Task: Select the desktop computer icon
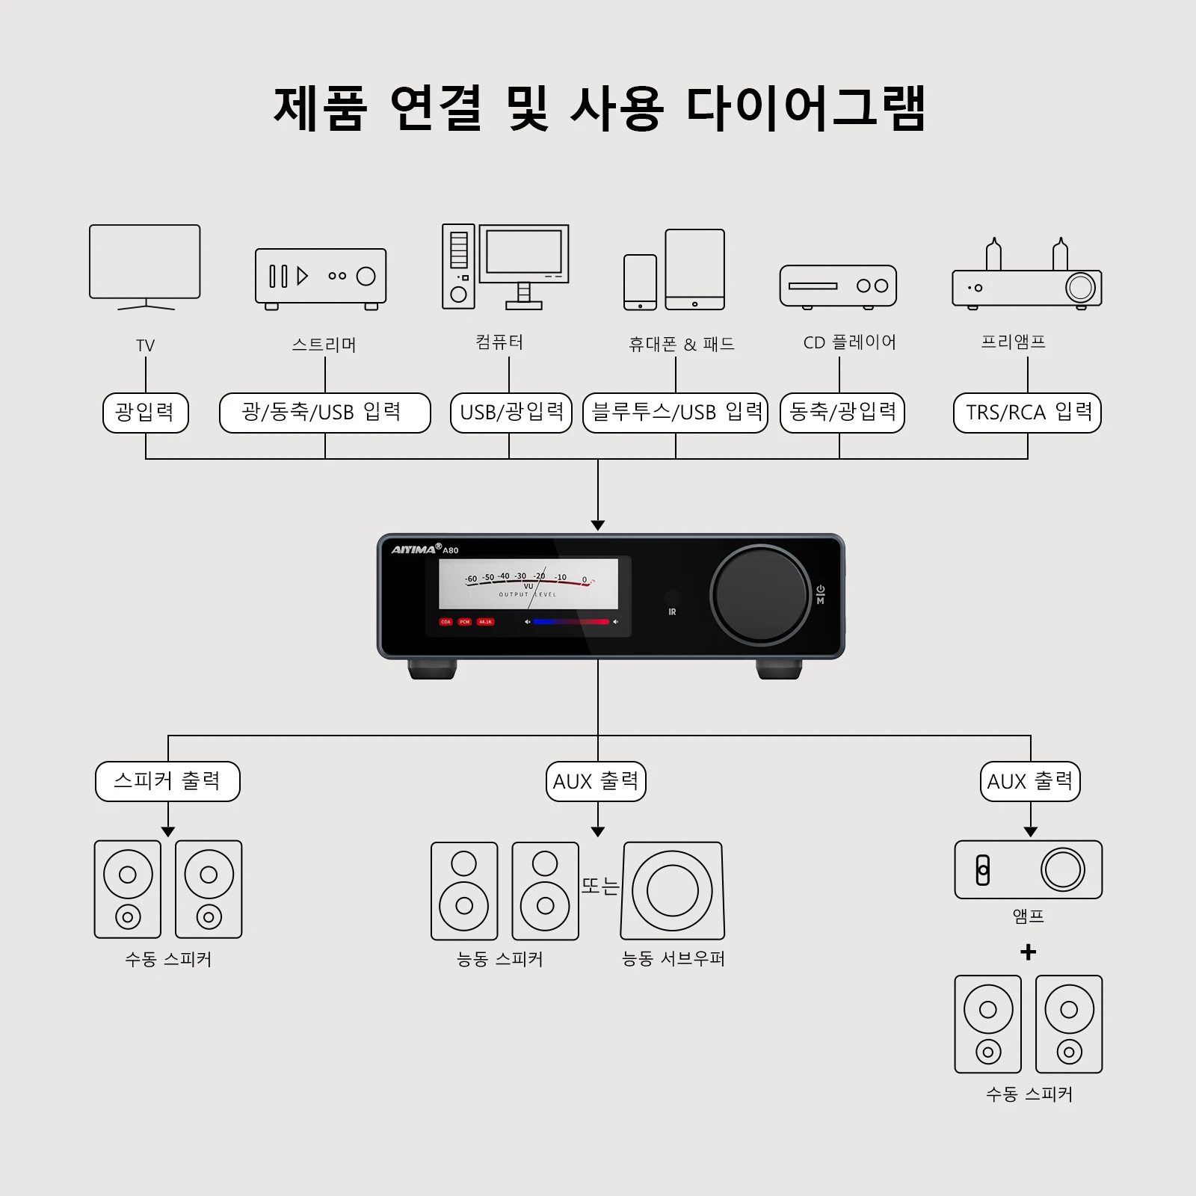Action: (505, 266)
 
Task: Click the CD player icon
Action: (838, 286)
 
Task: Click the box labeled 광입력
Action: (146, 413)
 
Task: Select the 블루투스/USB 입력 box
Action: (676, 413)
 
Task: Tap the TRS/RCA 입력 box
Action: (1027, 413)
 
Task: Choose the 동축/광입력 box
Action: (842, 413)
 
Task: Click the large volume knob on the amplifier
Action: (760, 594)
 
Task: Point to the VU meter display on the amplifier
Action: (528, 584)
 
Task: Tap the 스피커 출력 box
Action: (167, 781)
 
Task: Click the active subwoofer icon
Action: (673, 890)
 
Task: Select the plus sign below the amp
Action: (1029, 952)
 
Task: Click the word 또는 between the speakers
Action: (600, 886)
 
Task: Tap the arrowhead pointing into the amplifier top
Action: (598, 525)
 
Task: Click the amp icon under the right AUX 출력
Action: (1028, 869)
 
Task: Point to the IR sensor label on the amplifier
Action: (672, 611)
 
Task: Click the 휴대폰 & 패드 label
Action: (681, 344)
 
